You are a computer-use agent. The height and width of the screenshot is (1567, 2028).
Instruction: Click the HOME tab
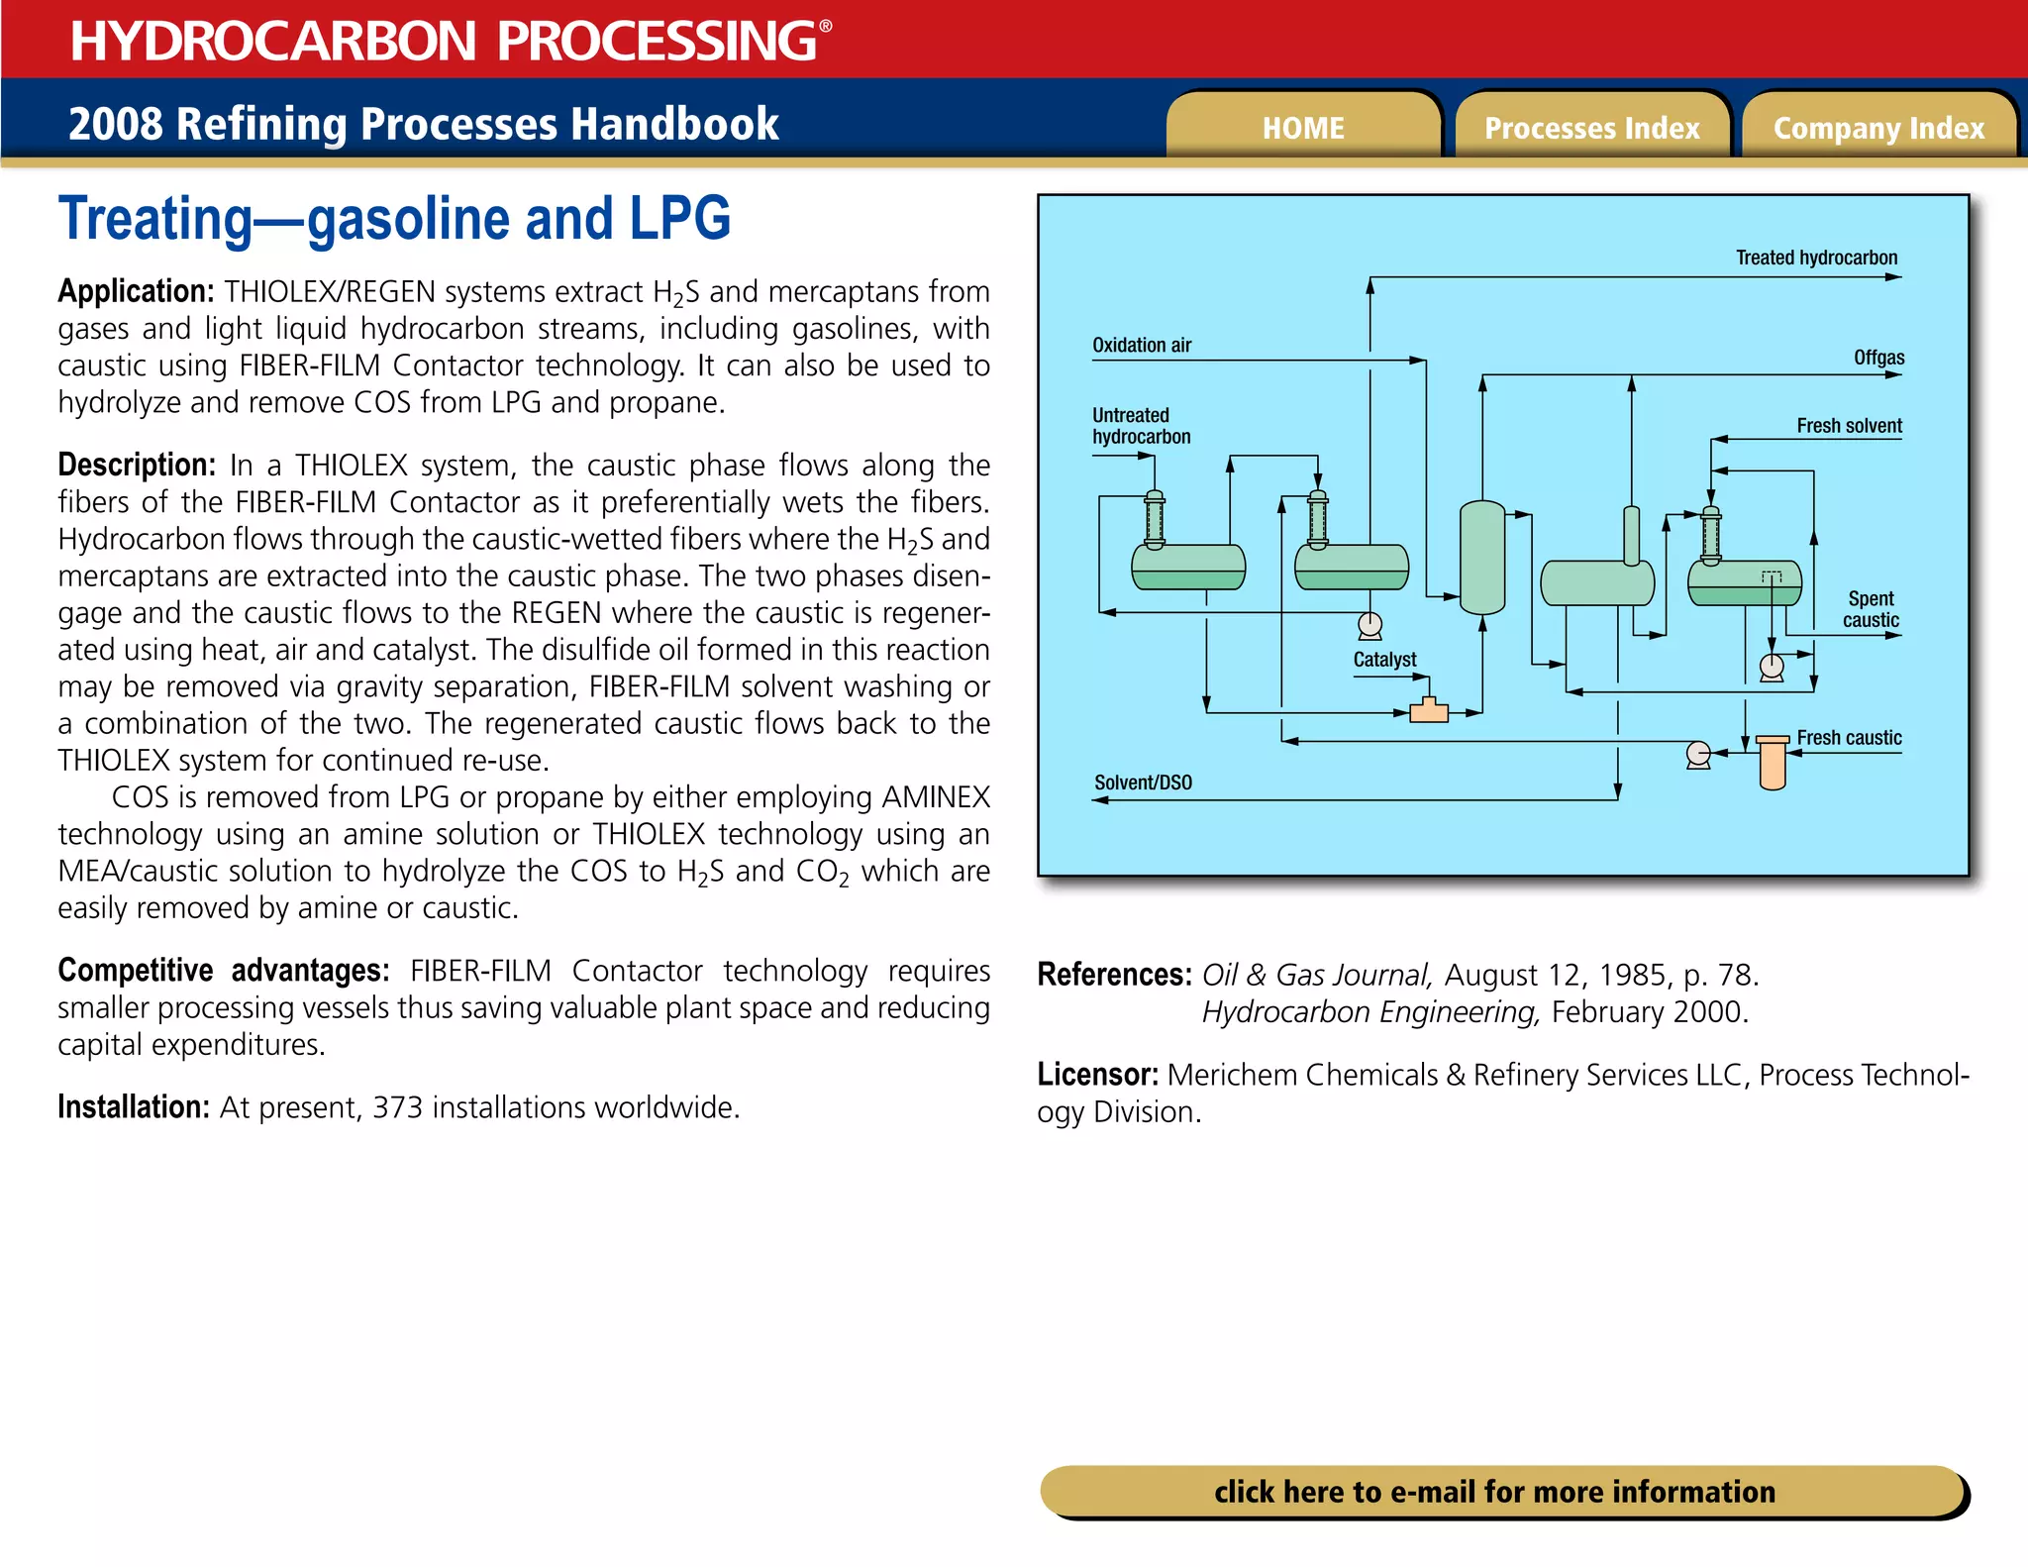[1302, 128]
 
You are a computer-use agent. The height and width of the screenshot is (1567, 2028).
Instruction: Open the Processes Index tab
[1591, 128]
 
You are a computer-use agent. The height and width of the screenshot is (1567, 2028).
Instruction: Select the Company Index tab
[1878, 128]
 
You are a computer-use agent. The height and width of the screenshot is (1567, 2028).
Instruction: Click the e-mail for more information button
[1495, 1491]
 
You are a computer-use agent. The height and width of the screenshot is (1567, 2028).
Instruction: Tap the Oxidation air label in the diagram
[1141, 345]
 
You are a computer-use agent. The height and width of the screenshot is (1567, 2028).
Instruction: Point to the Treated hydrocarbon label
[1816, 258]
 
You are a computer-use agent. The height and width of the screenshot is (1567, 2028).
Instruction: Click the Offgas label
[1878, 357]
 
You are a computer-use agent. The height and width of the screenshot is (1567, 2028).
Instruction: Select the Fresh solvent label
[1849, 425]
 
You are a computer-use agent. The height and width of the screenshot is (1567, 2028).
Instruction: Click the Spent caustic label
[1871, 609]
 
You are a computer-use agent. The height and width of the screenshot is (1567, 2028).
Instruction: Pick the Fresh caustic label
[1849, 737]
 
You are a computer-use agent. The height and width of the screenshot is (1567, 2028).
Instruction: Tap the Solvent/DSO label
[1143, 783]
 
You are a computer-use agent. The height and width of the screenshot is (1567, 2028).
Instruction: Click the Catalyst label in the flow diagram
[1384, 659]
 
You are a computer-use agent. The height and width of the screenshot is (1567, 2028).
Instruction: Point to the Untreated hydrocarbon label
[1141, 426]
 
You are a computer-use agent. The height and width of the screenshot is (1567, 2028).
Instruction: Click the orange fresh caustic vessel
[1773, 763]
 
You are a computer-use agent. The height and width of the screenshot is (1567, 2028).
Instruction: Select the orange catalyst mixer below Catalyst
[1428, 710]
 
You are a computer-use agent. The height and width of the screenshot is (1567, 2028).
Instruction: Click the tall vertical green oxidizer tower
[1482, 558]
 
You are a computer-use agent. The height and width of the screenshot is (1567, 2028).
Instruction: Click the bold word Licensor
[1097, 1075]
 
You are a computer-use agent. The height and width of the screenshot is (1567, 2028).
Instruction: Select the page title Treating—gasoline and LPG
[394, 219]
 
